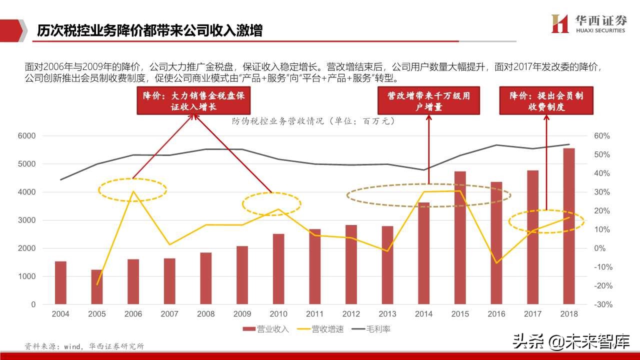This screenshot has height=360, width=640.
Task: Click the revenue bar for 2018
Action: click(569, 226)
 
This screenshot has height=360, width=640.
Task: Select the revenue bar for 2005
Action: click(97, 286)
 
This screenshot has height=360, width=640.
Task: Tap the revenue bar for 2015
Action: click(460, 237)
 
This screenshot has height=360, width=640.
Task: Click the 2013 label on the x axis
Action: click(387, 314)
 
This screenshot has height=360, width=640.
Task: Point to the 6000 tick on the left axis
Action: click(26, 136)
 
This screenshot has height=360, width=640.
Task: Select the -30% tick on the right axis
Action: click(602, 304)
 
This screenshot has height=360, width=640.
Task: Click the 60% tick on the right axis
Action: click(602, 136)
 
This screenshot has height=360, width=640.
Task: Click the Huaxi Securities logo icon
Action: click(559, 23)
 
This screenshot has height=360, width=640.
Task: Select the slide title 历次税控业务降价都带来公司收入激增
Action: click(150, 30)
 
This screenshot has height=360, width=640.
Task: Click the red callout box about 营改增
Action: click(429, 100)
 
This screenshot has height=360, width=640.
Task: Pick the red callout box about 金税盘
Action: click(194, 100)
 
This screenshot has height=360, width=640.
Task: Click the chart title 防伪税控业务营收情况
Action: click(313, 121)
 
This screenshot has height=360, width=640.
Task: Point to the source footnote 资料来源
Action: click(84, 346)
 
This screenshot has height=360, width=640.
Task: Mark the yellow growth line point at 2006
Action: click(133, 191)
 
